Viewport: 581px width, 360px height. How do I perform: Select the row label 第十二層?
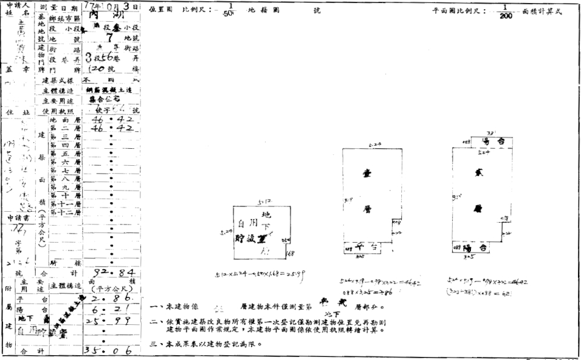(x=62, y=212)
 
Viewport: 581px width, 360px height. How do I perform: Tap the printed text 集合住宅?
(x=104, y=98)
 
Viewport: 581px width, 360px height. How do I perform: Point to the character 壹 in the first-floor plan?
(x=367, y=172)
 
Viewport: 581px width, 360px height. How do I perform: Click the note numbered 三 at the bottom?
(x=206, y=344)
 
